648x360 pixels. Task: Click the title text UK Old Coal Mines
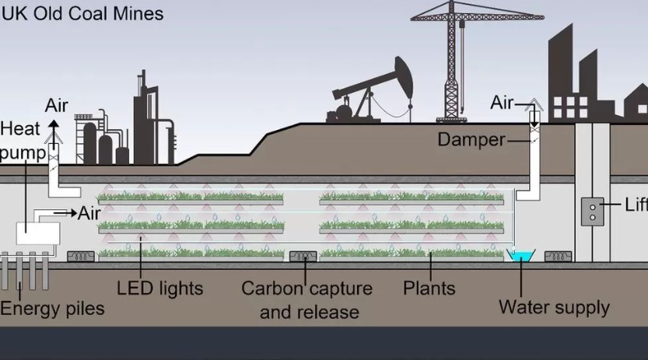(82, 14)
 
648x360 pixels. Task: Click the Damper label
(471, 140)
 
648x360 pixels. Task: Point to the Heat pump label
(21, 140)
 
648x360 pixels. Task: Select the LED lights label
(159, 288)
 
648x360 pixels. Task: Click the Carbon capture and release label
(306, 300)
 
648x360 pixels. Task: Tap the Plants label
(429, 288)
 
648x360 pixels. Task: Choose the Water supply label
(554, 307)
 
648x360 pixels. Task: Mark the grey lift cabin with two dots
(593, 211)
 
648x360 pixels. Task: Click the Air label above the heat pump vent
(57, 105)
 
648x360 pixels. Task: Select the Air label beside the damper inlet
(503, 103)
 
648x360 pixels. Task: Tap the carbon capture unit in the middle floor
(303, 256)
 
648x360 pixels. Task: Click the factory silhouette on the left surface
(124, 128)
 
